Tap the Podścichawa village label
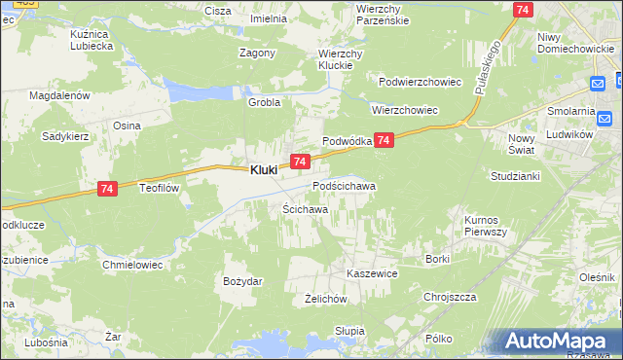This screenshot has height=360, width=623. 344,185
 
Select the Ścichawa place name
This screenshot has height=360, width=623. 305,209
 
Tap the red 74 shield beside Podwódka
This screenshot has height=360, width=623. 385,141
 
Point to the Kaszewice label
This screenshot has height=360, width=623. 373,274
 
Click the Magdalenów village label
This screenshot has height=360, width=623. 59,96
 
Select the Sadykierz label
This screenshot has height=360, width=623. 64,137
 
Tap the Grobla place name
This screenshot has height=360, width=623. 264,102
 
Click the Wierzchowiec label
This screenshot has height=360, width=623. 406,111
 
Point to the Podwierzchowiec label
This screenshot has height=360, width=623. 420,82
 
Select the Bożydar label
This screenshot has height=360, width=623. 242,281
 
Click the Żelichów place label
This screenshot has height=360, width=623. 326,300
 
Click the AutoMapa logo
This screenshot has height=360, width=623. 559,342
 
